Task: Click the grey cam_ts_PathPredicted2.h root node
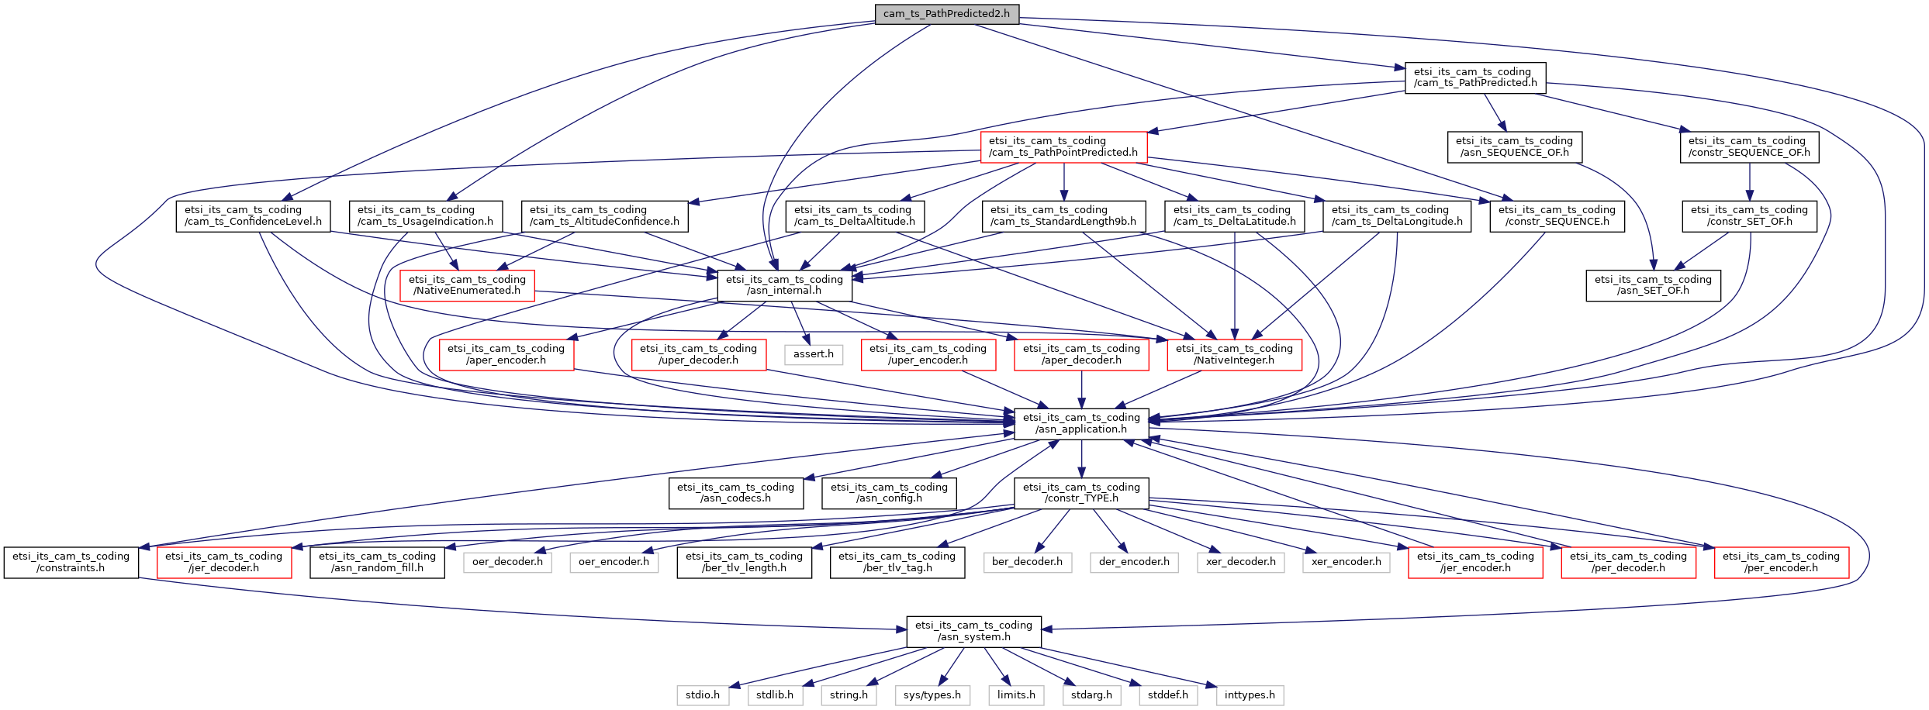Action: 946,13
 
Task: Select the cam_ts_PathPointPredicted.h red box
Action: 1063,146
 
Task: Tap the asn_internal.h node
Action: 784,285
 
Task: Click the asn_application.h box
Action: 1081,423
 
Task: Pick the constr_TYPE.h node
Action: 1081,493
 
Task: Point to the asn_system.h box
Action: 973,631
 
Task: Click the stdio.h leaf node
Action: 702,695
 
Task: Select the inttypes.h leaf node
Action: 1250,695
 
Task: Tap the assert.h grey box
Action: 814,354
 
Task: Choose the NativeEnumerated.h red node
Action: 467,285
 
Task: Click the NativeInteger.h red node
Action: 1234,354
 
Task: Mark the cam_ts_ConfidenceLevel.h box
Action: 253,215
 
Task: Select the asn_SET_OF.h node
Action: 1653,285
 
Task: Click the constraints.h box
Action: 71,562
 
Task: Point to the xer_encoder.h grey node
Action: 1346,562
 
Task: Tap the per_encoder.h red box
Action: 1781,562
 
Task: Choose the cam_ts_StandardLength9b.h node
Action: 1063,215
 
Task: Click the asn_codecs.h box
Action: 735,493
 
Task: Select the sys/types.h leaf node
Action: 932,695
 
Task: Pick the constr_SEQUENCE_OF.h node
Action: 1748,146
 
